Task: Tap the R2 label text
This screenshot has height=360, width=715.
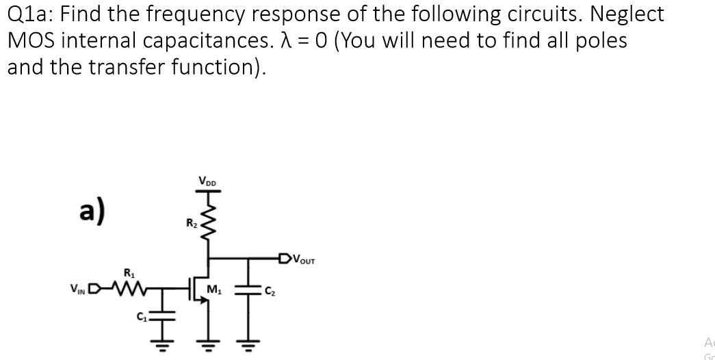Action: pyautogui.click(x=190, y=222)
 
